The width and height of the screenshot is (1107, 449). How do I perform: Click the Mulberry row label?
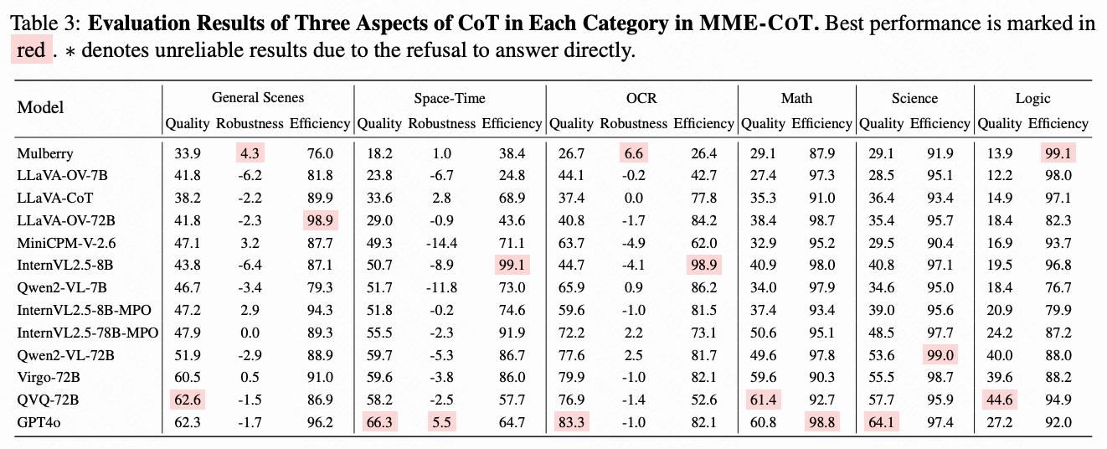pyautogui.click(x=45, y=154)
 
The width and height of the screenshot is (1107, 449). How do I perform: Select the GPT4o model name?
pyautogui.click(x=39, y=423)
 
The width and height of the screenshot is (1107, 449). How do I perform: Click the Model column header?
pyautogui.click(x=40, y=107)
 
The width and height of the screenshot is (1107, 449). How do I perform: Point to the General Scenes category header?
pyautogui.click(x=258, y=98)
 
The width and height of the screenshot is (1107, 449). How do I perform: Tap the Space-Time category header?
pyautogui.click(x=450, y=98)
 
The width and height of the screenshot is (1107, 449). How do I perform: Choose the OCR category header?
pyautogui.click(x=641, y=98)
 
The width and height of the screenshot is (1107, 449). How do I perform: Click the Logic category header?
pyautogui.click(x=1032, y=98)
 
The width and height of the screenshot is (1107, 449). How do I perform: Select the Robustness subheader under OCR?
pyautogui.click(x=634, y=123)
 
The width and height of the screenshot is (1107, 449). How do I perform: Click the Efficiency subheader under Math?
pyautogui.click(x=821, y=123)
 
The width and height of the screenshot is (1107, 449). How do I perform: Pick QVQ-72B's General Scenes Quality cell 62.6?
pyautogui.click(x=188, y=400)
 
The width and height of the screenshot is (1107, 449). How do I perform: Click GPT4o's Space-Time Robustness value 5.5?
pyautogui.click(x=441, y=423)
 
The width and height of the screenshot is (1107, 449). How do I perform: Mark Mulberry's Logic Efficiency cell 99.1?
pyautogui.click(x=1058, y=154)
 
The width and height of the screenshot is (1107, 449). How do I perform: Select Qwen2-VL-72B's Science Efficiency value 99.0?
pyautogui.click(x=940, y=355)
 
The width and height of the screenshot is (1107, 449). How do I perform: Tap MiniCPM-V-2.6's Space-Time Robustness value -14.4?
pyautogui.click(x=441, y=243)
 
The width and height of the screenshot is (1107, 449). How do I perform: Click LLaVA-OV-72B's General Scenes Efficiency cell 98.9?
pyautogui.click(x=320, y=220)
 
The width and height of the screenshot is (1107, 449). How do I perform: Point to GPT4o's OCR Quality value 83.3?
pyautogui.click(x=571, y=423)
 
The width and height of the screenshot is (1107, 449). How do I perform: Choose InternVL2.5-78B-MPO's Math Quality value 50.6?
pyautogui.click(x=763, y=333)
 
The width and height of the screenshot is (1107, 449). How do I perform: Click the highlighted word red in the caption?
pyautogui.click(x=31, y=50)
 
